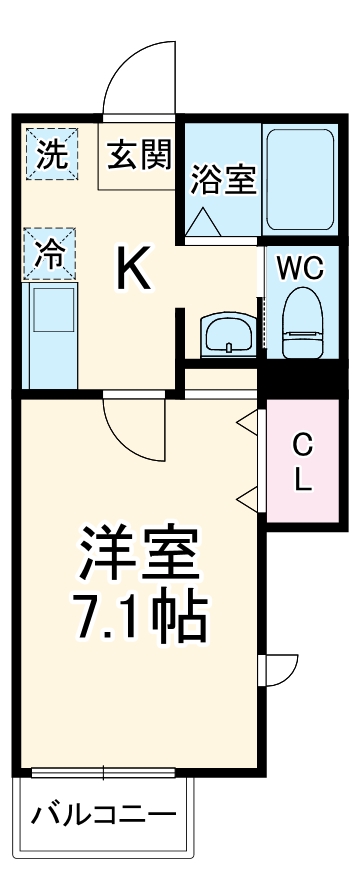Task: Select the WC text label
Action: [299, 268]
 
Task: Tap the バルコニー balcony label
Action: [102, 813]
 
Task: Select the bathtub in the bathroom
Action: [298, 179]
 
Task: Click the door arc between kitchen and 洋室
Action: [135, 429]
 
